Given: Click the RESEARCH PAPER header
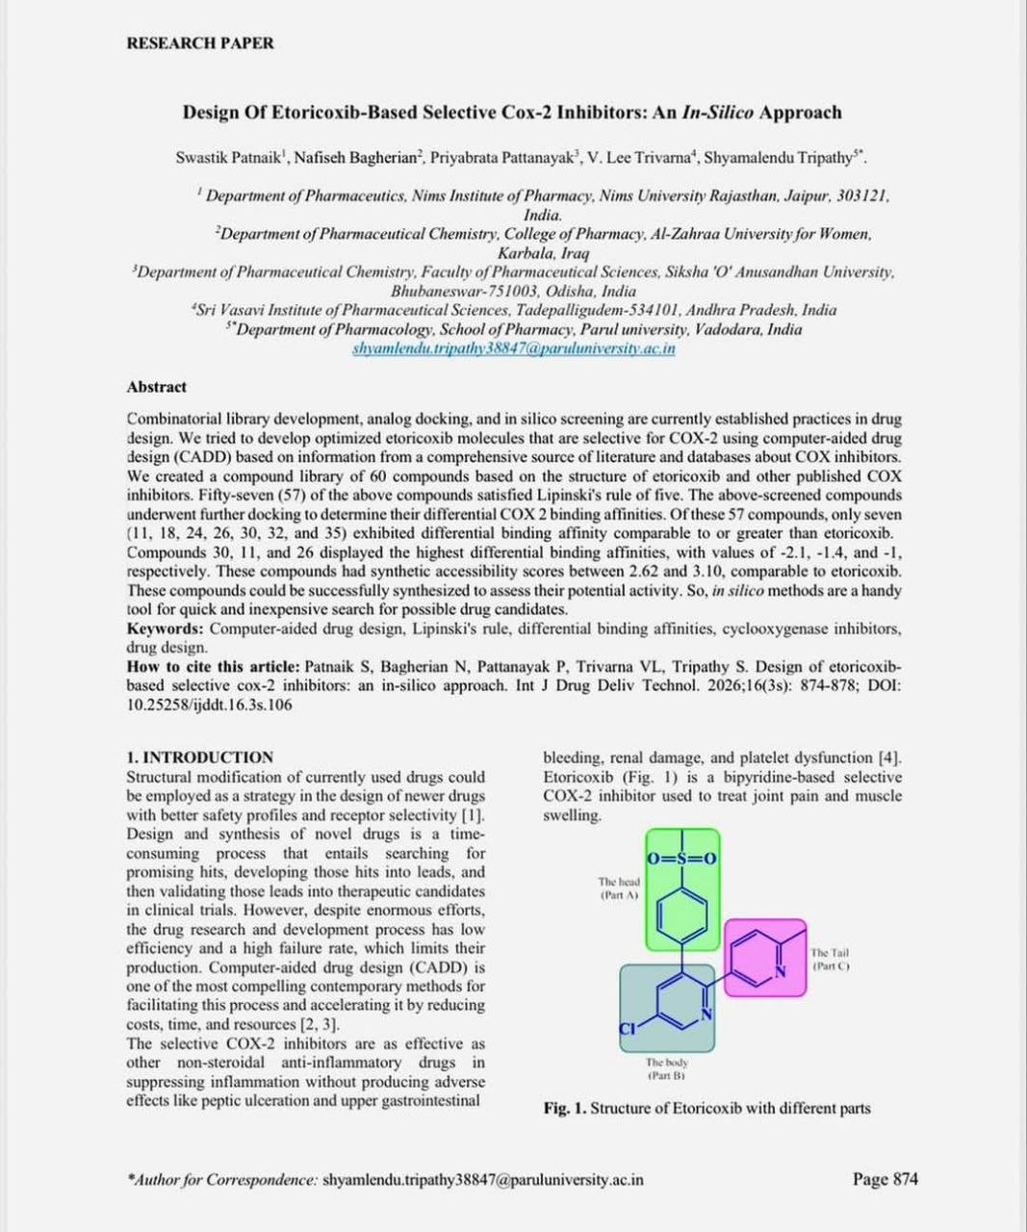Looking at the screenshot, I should pos(200,43).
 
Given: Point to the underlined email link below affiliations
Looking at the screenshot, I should pos(513,348).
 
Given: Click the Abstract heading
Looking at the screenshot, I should pos(156,387).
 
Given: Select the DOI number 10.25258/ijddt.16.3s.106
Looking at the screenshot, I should pos(210,705).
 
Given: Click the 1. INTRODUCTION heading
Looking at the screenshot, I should pos(200,757).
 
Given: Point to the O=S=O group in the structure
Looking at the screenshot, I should pos(682,858).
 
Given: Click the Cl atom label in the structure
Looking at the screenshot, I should pos(628,1028).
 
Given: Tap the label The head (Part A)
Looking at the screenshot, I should pos(618,887).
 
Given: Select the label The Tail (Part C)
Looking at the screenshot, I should pos(830,959).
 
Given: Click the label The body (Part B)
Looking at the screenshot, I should pos(666,1069).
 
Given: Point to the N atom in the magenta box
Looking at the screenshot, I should pos(781,972).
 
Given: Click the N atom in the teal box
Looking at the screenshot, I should pos(706,1014).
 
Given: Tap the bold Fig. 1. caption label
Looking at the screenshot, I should pos(564,1108).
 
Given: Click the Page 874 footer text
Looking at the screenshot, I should pos(885,1179).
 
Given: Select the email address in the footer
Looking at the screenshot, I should pos(483,1180).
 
